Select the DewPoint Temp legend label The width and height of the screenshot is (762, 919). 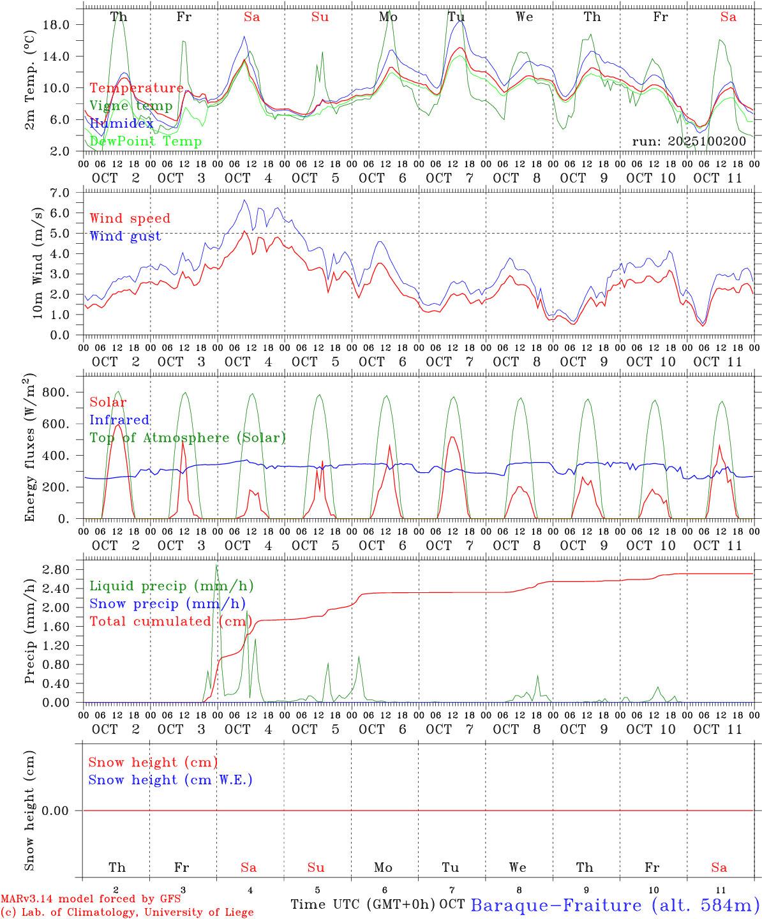tap(146, 142)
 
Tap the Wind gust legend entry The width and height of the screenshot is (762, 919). tap(125, 236)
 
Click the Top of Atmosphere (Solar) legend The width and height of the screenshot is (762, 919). tap(187, 438)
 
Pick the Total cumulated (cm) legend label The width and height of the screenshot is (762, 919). tap(170, 621)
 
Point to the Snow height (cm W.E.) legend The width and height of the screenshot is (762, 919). tap(170, 780)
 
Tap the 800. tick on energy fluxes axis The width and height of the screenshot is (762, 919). tap(55, 392)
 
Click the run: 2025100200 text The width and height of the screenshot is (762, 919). tap(689, 142)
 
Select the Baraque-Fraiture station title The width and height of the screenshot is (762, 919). tap(615, 905)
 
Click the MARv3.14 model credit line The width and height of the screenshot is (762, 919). tap(90, 899)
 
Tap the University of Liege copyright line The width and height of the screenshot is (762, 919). tap(127, 913)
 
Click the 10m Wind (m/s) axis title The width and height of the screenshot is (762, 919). tap(38, 263)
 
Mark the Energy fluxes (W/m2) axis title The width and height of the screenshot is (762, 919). tap(30, 449)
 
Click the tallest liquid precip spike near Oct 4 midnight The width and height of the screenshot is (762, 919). tap(216, 565)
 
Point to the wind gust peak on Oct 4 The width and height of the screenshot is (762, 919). tap(244, 200)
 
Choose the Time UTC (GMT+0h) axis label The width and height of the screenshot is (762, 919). tap(363, 904)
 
